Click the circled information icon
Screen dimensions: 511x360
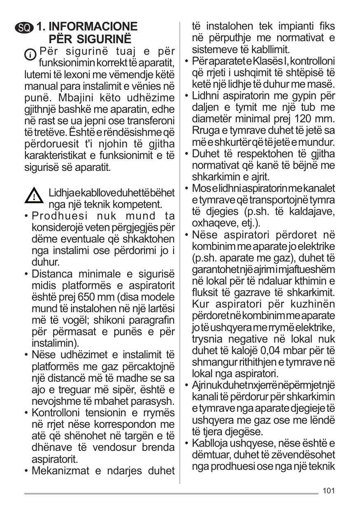30,54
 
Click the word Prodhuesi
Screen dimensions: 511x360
57,216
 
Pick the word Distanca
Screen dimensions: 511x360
51,274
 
